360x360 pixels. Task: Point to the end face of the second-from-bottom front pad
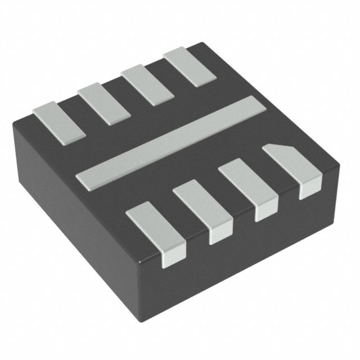pyautogui.click(x=220, y=236)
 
